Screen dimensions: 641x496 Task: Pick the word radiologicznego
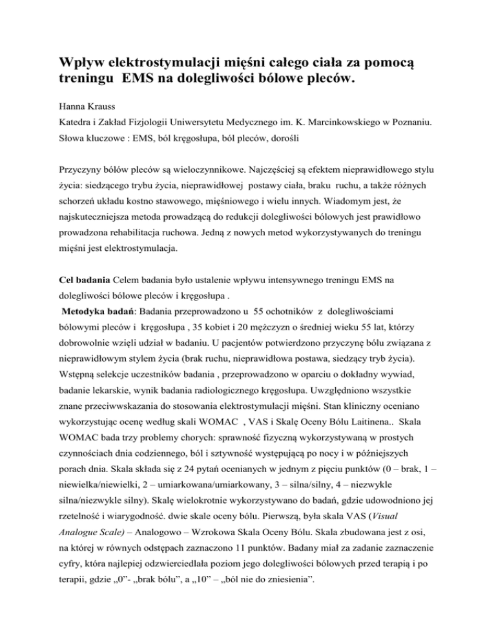[x=302, y=427]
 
